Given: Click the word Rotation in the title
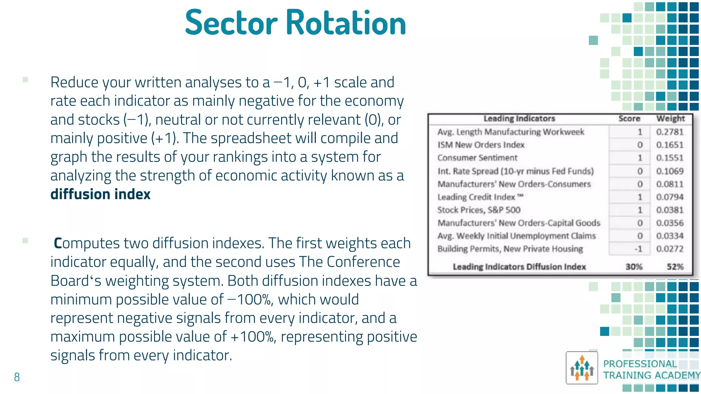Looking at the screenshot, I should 346,23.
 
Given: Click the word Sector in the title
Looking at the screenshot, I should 231,23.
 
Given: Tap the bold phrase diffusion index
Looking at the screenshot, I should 100,194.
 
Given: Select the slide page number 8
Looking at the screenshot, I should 17,377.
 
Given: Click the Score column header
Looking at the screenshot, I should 629,119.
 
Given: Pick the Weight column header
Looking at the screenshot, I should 670,119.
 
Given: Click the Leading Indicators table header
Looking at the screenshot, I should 519,119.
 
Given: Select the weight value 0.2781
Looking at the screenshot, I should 670,132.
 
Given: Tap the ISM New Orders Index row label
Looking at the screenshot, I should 481,145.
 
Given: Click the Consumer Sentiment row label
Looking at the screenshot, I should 477,158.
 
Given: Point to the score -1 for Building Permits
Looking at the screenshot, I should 638,249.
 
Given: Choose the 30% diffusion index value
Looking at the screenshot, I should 634,267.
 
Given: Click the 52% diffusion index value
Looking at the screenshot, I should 675,267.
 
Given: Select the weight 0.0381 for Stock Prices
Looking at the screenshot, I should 670,210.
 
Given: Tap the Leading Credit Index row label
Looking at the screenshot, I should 480,197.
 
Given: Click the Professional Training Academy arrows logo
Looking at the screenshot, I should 582,368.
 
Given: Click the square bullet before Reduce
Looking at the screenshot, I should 25,80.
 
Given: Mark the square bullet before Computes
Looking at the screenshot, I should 25,240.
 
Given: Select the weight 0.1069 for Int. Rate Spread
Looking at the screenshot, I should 670,171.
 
